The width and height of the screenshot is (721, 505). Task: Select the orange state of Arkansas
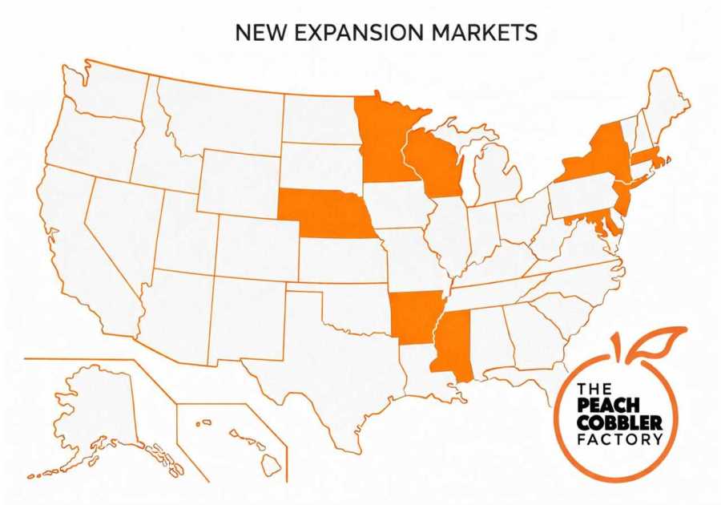[413, 317]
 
